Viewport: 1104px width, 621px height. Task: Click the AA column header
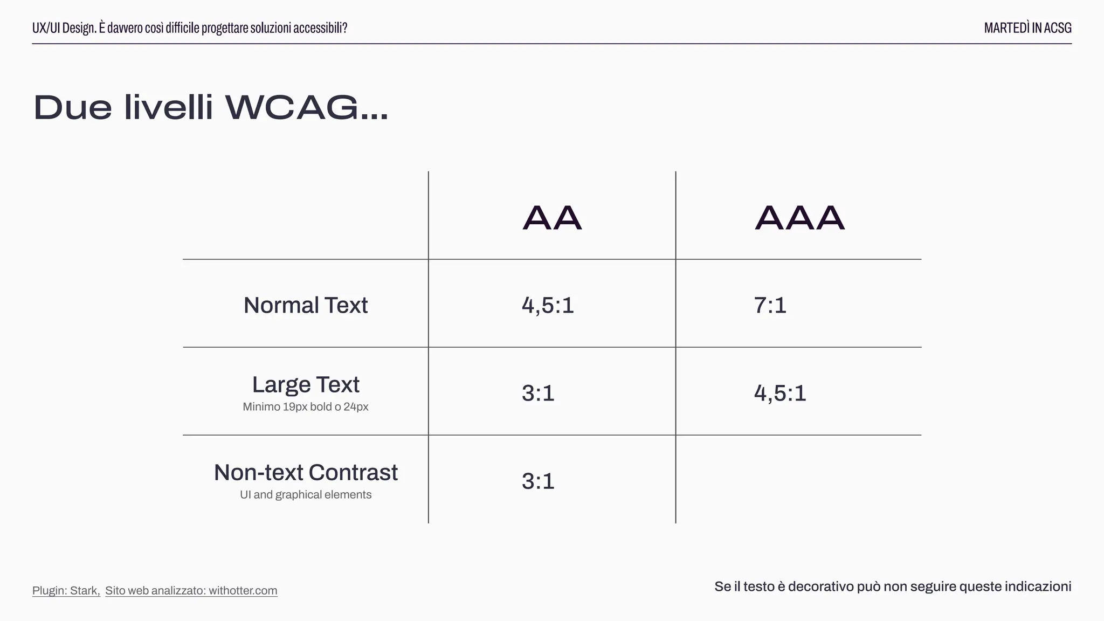[552, 218]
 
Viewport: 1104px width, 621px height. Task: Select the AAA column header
[799, 218]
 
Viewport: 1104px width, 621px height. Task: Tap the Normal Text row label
[306, 305]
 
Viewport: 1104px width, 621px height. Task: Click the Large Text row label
[306, 385]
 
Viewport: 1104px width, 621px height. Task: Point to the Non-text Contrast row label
[306, 473]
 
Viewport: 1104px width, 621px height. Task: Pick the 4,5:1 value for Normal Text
[548, 305]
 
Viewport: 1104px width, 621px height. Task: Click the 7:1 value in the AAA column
[770, 305]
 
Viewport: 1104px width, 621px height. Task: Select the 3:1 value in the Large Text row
[538, 393]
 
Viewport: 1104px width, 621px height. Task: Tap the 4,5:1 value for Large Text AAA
[780, 393]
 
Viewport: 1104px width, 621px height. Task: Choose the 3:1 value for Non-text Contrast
[538, 481]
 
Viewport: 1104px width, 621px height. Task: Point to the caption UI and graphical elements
[306, 495]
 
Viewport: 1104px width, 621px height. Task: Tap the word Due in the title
[73, 107]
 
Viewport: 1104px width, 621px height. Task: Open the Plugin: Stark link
[66, 590]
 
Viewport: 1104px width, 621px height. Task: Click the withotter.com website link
[191, 590]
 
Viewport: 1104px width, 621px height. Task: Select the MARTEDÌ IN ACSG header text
[1027, 28]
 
